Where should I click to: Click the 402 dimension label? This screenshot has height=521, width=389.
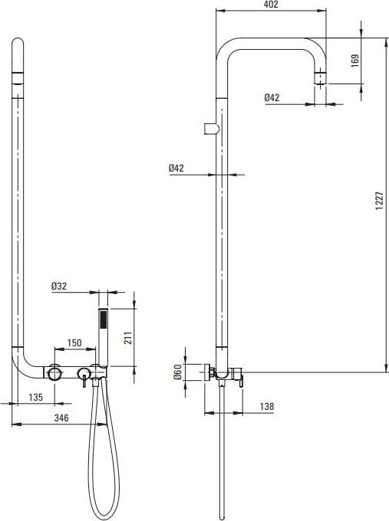(x=271, y=5)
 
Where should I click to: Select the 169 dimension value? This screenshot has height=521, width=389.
(x=355, y=61)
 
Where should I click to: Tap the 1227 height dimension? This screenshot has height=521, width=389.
(x=379, y=201)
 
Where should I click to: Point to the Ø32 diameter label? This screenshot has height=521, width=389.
(x=59, y=286)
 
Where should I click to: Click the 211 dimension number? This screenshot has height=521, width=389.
(x=128, y=338)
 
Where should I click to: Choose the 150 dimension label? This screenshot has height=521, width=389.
(x=74, y=342)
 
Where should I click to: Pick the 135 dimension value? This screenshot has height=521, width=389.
(x=36, y=397)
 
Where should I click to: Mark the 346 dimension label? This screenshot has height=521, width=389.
(x=61, y=418)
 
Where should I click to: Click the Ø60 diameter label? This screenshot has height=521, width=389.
(x=178, y=372)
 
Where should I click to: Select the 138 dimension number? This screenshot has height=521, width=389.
(x=267, y=406)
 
